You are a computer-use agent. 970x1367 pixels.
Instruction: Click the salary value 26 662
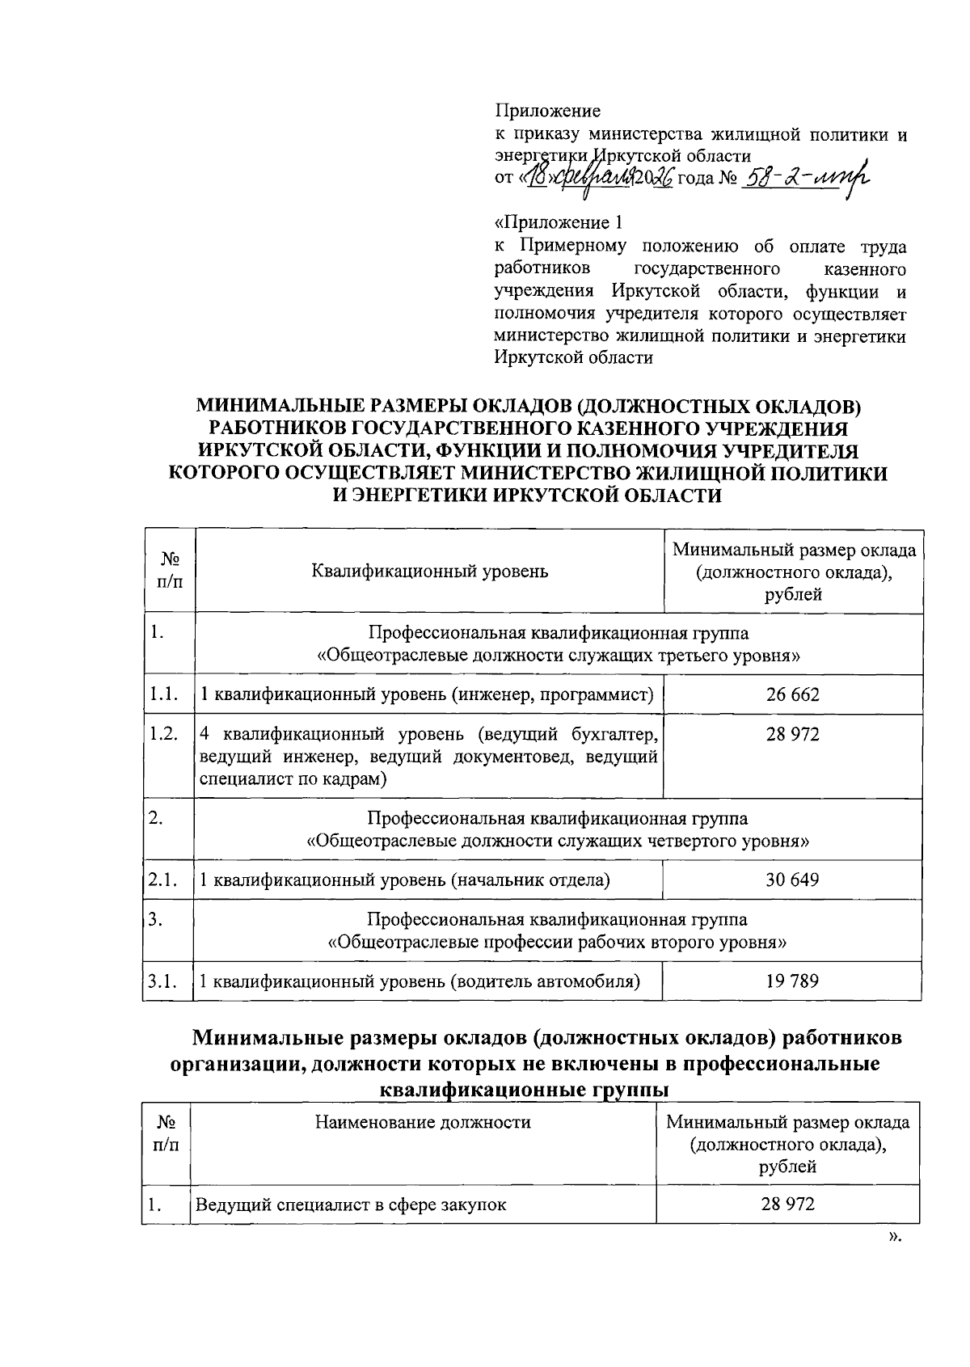click(x=792, y=694)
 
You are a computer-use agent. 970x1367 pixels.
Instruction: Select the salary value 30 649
click(x=792, y=880)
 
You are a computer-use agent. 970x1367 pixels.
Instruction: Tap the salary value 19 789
click(x=792, y=981)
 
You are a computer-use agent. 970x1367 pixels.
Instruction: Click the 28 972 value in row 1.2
click(x=792, y=734)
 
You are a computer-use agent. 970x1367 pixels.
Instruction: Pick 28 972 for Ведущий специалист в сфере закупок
click(x=787, y=1204)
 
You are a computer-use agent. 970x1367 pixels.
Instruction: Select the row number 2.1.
click(x=163, y=880)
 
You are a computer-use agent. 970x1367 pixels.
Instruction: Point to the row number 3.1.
click(x=163, y=981)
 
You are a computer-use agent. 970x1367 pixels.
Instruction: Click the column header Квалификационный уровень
click(x=429, y=572)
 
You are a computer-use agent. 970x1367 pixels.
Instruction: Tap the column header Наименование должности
click(x=423, y=1122)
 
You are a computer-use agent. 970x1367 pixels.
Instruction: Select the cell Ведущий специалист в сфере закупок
click(x=352, y=1205)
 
